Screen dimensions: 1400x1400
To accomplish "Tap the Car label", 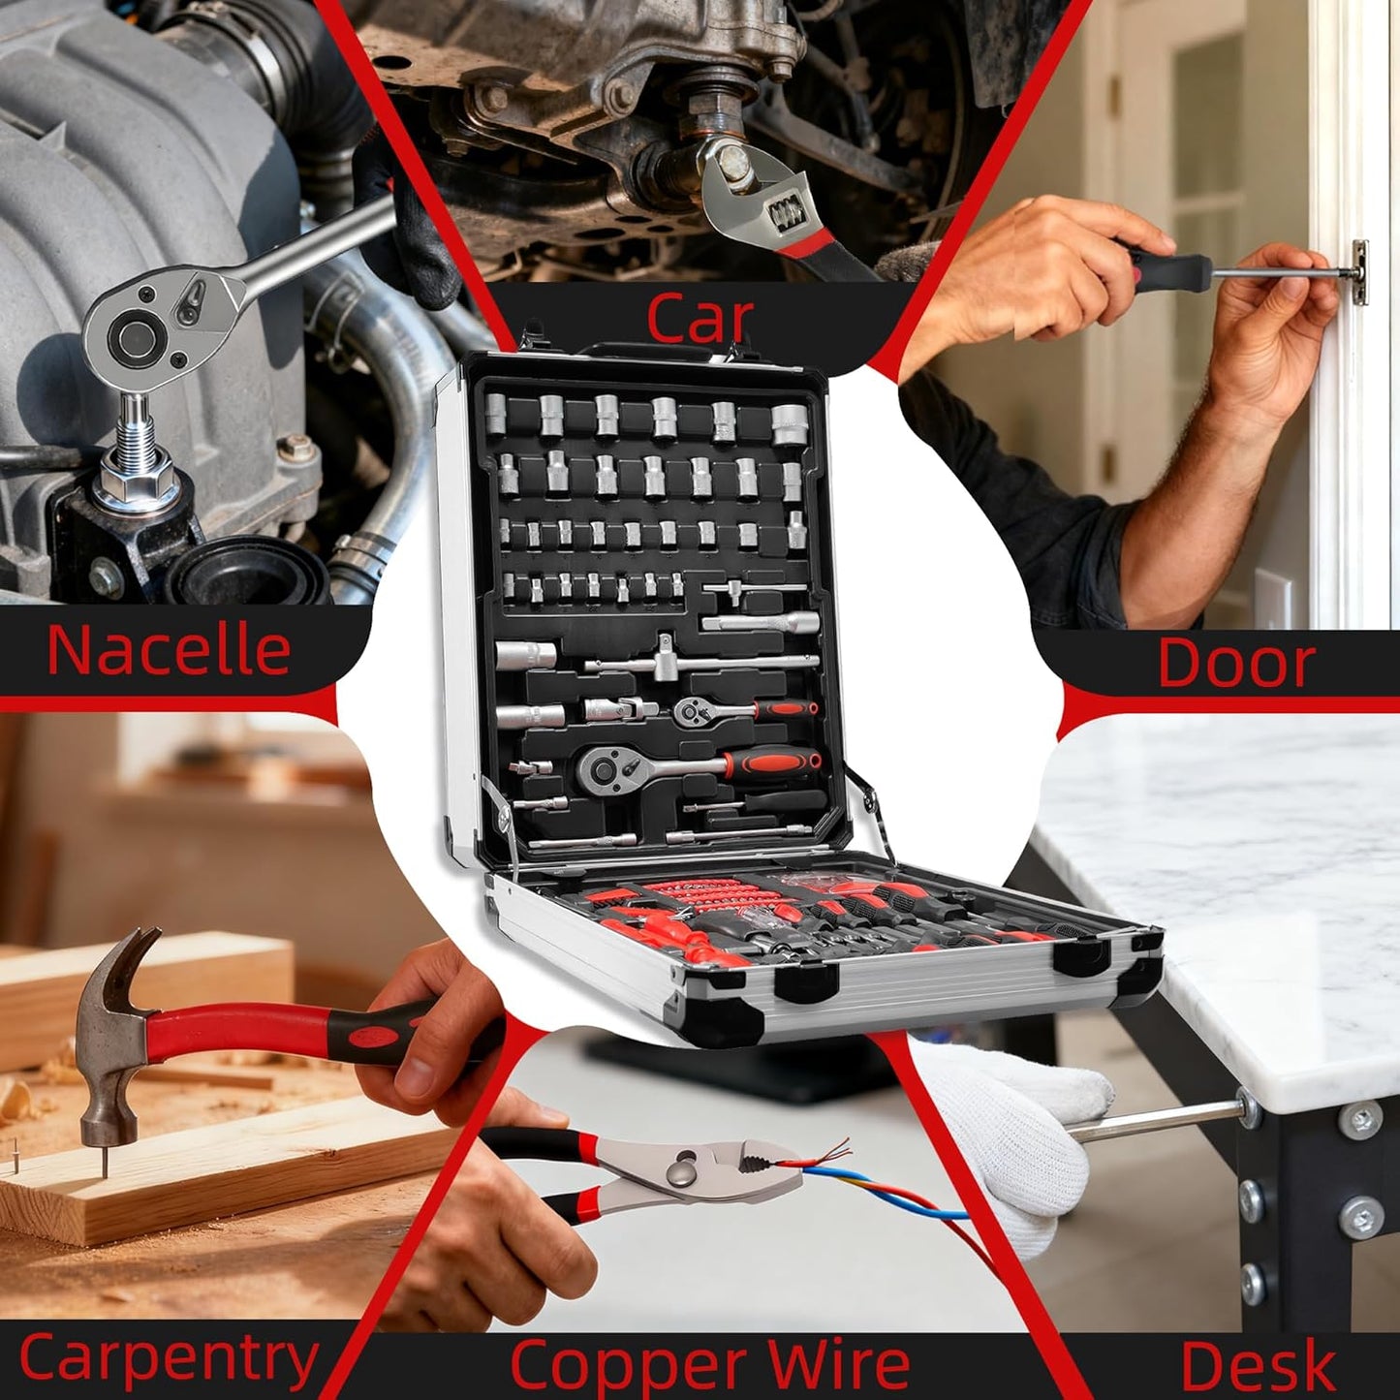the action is coord(700,318).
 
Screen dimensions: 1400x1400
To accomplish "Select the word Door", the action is coord(1236,663).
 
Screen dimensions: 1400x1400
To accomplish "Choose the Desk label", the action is coord(1258,1367).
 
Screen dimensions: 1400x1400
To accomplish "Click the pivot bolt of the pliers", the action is coord(680,1169).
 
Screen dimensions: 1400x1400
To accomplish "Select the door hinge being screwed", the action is coord(1359,271).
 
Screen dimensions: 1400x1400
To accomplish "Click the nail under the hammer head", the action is coord(105,1164).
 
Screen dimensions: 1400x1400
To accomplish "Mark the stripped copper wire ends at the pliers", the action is coord(829,1154).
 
